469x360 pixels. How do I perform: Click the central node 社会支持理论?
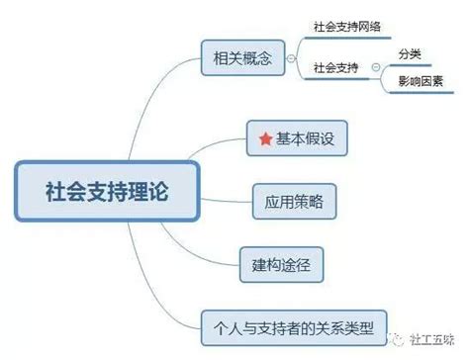107,191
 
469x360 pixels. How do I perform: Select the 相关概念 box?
242,58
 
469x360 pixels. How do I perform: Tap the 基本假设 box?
297,138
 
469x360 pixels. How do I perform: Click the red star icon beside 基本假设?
265,138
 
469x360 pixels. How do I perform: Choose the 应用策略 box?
294,202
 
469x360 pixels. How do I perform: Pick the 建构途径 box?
281,265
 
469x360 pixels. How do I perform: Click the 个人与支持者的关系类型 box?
294,328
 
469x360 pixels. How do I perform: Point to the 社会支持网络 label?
347,27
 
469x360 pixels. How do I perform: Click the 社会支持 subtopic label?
335,67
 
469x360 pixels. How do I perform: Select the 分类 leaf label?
410,53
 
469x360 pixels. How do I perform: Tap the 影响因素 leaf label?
421,81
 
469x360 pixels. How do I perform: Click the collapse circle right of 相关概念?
291,58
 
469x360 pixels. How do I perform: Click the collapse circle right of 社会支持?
376,67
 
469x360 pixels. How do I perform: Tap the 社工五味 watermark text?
431,340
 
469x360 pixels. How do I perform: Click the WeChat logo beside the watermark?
396,339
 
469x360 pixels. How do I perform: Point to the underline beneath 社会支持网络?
347,38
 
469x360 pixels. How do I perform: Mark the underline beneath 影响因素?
422,92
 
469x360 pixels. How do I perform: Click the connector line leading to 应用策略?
227,201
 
